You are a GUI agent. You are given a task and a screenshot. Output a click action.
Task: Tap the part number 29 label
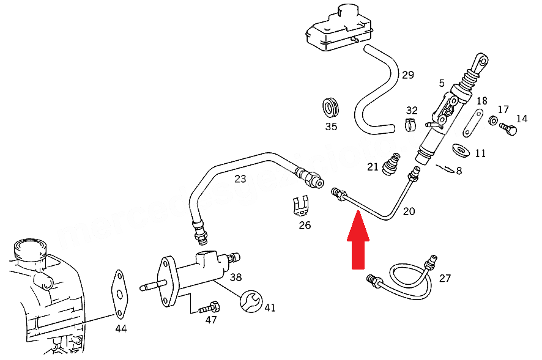point(407,75)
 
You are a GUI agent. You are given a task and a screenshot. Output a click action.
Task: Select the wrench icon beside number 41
point(251,299)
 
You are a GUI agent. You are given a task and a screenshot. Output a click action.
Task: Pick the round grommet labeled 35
point(331,108)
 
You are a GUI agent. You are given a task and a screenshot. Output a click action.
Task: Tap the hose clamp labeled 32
point(411,125)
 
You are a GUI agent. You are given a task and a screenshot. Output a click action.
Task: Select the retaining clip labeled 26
point(300,206)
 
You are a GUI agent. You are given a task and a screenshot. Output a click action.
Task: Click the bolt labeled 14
point(508,129)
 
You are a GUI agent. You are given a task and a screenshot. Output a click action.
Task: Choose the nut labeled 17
point(492,120)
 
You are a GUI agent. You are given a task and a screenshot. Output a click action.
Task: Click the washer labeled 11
point(459,150)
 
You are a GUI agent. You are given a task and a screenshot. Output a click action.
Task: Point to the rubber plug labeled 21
point(390,164)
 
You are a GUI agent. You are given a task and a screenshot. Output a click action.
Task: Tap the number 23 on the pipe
point(240,179)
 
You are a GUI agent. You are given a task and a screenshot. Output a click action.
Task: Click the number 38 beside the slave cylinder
point(236,277)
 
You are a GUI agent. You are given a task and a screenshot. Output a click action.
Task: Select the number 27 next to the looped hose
point(445,278)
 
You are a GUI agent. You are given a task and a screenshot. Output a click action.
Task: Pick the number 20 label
point(409,211)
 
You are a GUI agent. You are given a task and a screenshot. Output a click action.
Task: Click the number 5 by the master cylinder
point(442,81)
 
